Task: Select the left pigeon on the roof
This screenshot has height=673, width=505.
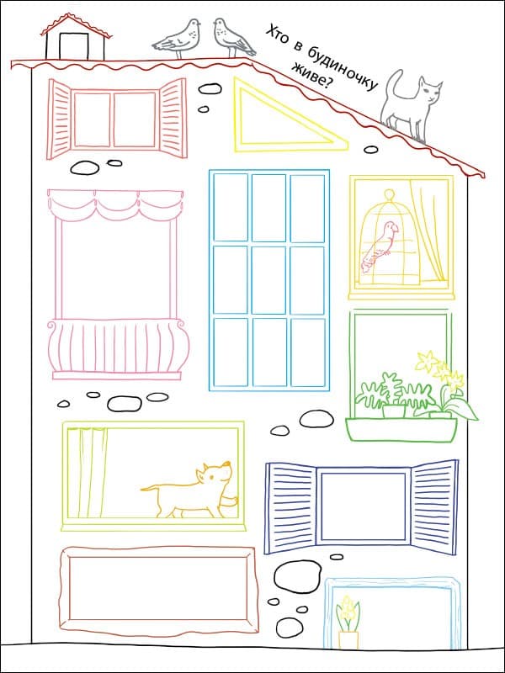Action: point(178,38)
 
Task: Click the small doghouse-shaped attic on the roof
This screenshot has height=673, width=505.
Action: point(76,38)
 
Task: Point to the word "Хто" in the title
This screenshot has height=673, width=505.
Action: point(277,35)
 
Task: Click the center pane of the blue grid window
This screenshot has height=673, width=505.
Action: point(268,280)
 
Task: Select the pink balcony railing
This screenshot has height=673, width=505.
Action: point(118,348)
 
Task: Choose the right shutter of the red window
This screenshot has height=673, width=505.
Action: point(173,117)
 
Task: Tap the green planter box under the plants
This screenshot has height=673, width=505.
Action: point(401,429)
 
